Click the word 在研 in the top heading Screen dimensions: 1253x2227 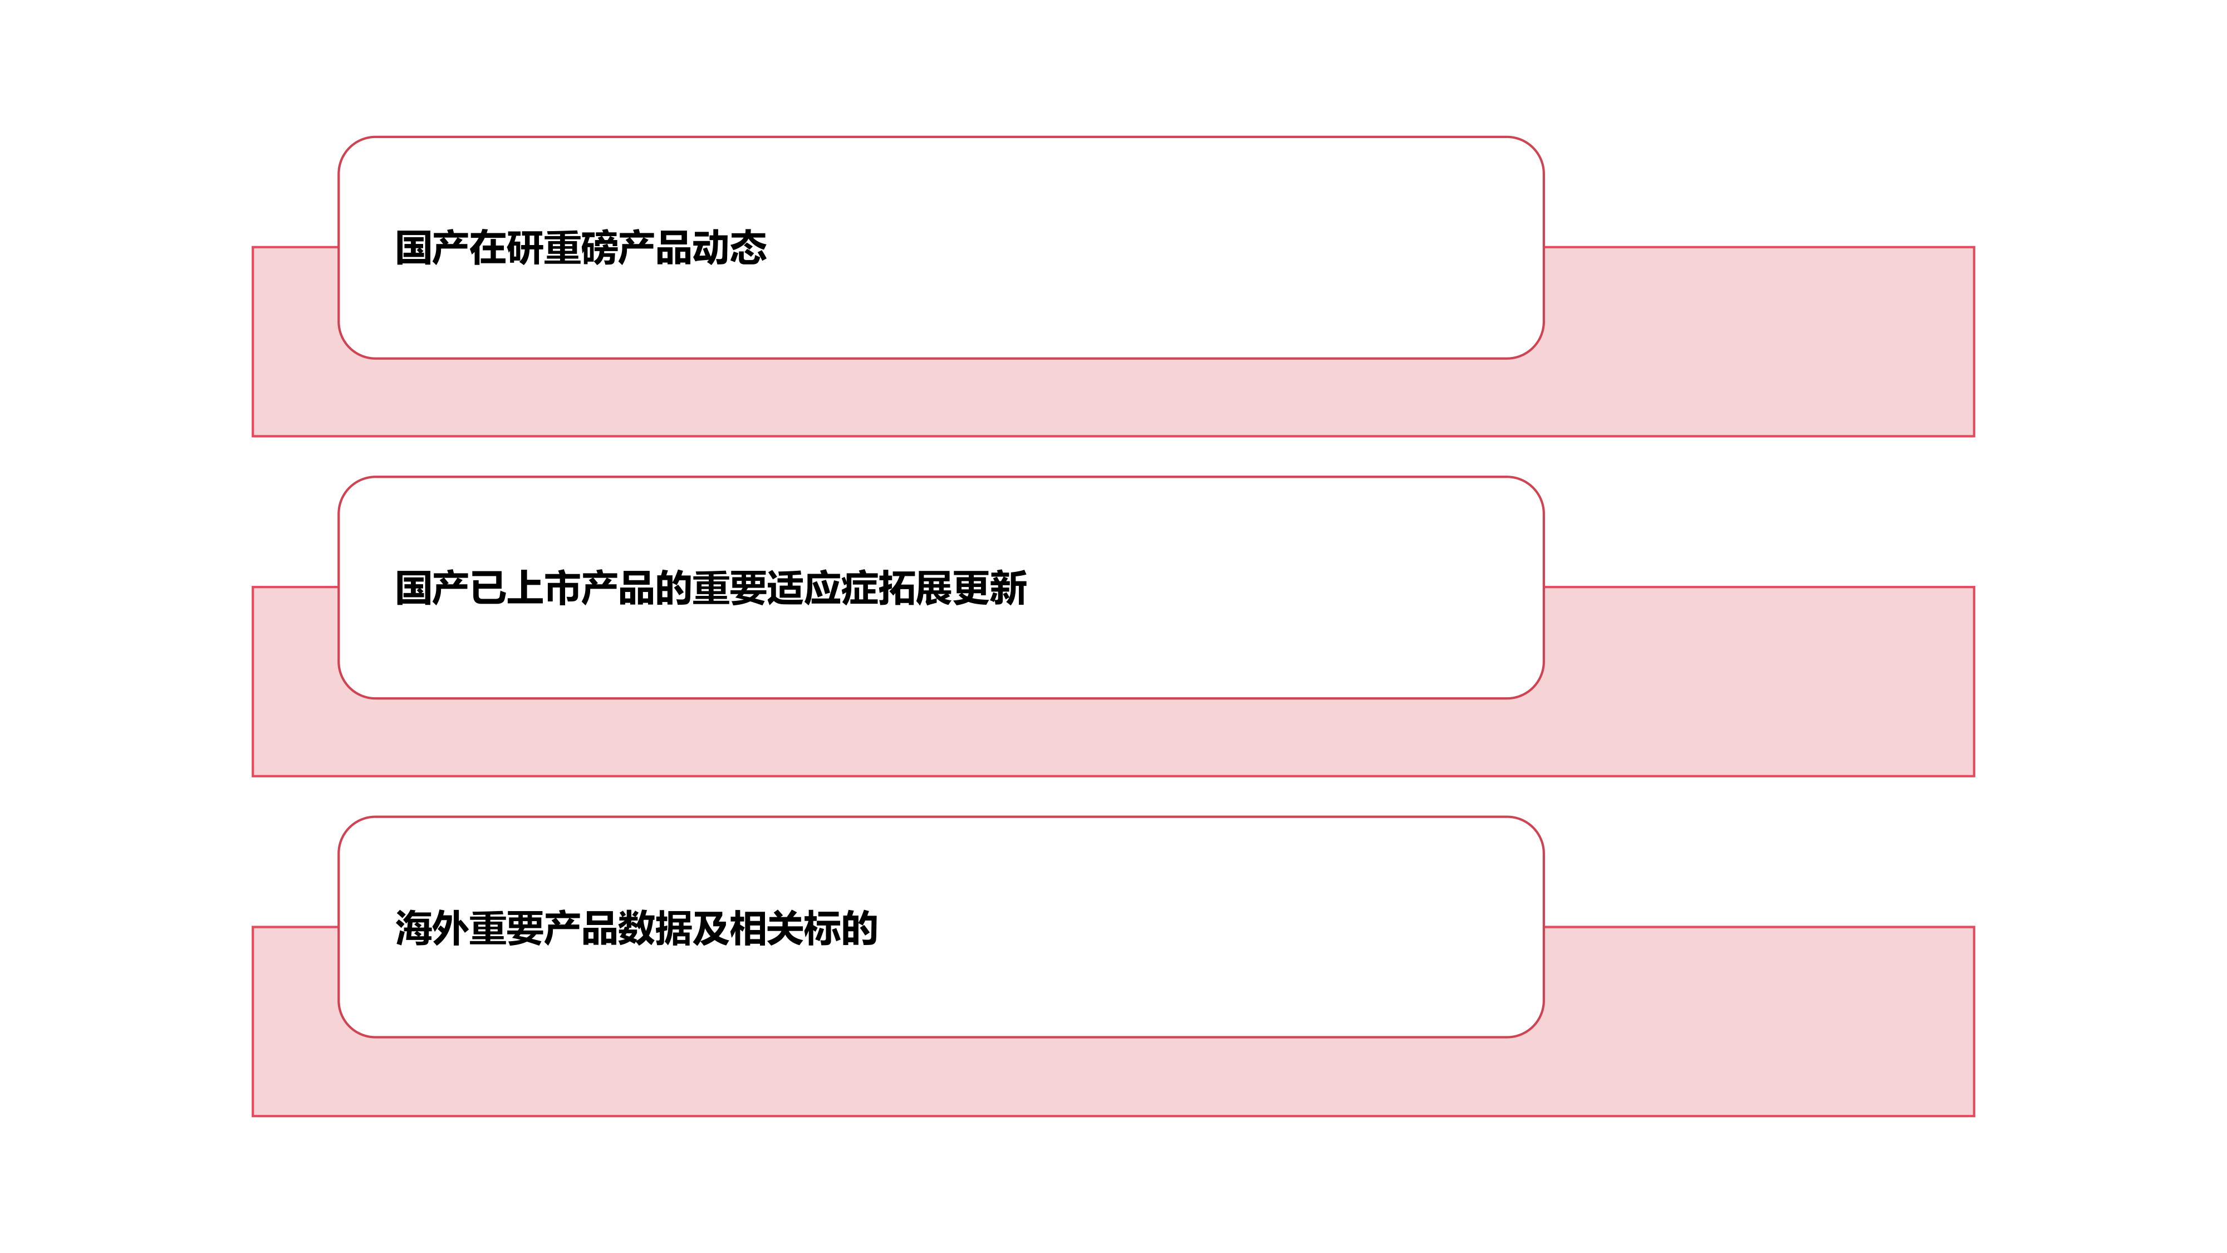(x=507, y=248)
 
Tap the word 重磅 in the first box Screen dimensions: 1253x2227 (x=581, y=248)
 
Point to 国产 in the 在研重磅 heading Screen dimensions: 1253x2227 (x=432, y=248)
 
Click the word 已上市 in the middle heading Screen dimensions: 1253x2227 (x=525, y=588)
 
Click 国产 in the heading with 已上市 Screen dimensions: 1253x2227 (x=432, y=588)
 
